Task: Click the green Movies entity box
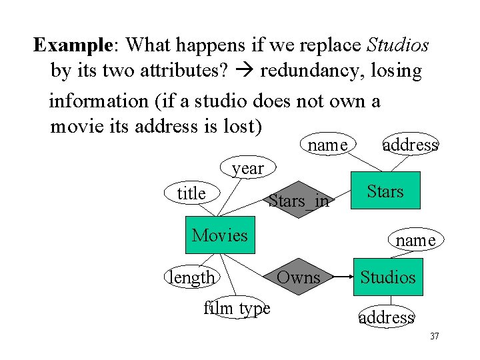[219, 235]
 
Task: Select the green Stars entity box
[385, 192]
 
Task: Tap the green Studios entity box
[387, 277]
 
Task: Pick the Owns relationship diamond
[298, 277]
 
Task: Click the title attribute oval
[191, 193]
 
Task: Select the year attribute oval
[247, 169]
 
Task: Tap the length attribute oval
[192, 277]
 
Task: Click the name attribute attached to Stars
[327, 145]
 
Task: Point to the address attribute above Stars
[411, 145]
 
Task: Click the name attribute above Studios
[415, 239]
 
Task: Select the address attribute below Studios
[387, 317]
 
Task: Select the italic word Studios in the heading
[398, 45]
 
